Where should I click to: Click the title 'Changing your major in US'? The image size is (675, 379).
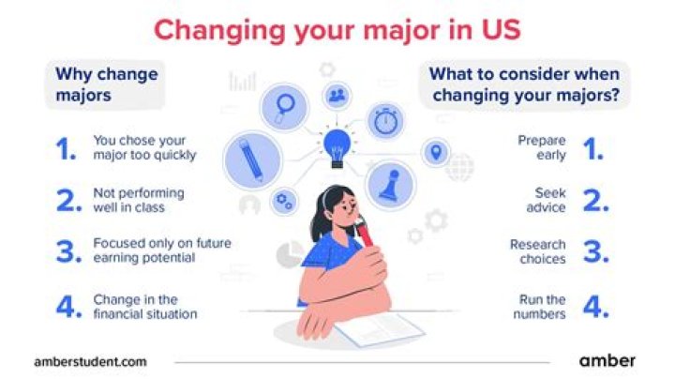[337, 29]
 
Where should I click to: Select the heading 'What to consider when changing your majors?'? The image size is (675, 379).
[528, 84]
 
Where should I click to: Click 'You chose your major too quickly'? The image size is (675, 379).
[144, 147]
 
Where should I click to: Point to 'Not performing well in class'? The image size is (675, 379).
[139, 200]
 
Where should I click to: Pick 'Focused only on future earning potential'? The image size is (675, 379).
[161, 250]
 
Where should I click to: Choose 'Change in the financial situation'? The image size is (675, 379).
[145, 307]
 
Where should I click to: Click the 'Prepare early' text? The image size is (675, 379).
[542, 147]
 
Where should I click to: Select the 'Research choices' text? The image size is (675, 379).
[538, 251]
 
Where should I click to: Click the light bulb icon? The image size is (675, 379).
[336, 145]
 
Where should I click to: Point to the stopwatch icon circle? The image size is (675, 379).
[385, 121]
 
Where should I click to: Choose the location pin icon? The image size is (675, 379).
[434, 151]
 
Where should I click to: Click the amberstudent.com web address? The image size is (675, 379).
[90, 360]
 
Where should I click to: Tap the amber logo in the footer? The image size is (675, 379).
[607, 360]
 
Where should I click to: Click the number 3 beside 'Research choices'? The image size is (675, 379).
[592, 251]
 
